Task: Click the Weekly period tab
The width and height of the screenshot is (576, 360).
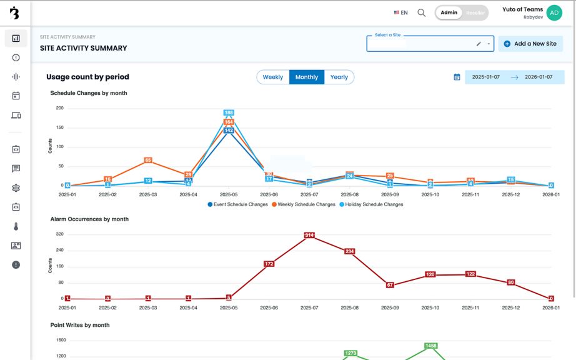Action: click(272, 77)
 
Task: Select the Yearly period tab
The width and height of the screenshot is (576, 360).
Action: click(339, 77)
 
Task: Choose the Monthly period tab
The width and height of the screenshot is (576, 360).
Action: click(307, 77)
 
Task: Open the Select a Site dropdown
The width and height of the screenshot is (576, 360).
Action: click(430, 44)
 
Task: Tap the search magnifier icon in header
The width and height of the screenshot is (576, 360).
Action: click(422, 12)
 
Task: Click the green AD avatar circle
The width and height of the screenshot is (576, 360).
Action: click(554, 12)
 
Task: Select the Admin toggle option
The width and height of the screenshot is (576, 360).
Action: click(449, 12)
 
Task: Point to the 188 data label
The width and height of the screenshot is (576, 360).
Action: click(229, 113)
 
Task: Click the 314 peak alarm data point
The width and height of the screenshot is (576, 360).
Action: click(309, 235)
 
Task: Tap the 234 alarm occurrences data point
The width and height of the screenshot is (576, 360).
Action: click(350, 251)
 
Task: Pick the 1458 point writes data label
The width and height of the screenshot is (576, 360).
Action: click(430, 346)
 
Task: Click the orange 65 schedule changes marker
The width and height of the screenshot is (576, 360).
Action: click(148, 161)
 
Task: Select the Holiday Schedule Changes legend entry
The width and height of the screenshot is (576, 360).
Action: click(372, 204)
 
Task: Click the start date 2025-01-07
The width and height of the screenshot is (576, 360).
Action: click(487, 77)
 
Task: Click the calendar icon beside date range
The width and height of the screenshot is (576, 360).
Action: click(457, 77)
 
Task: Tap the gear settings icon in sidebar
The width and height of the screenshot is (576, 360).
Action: click(16, 188)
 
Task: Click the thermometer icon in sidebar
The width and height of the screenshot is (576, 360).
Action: click(16, 226)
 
